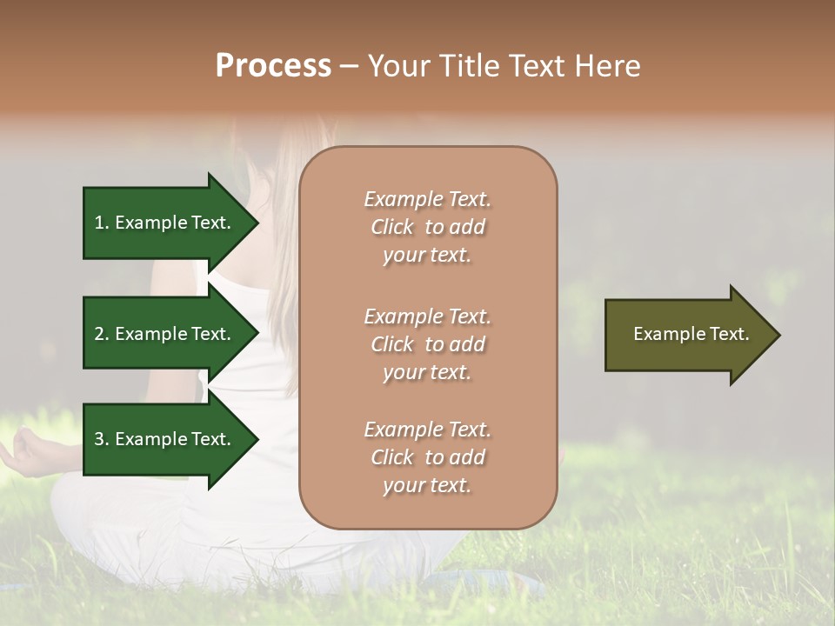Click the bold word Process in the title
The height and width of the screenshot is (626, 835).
click(273, 66)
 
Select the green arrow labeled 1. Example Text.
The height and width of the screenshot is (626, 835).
click(165, 223)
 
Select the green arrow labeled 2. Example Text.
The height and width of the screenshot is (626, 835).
click(165, 334)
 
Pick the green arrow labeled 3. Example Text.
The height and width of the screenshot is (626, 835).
click(165, 439)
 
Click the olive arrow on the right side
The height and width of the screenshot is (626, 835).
click(687, 335)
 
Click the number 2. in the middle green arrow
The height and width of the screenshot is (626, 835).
click(103, 334)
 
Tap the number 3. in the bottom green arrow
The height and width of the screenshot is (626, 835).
click(103, 439)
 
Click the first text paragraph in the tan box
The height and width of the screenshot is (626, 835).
click(427, 227)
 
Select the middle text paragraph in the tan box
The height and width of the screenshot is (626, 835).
click(427, 344)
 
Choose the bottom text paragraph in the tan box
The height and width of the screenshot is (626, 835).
click(427, 457)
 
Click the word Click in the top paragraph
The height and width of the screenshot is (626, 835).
click(392, 227)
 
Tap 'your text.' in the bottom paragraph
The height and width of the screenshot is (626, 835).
click(427, 485)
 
